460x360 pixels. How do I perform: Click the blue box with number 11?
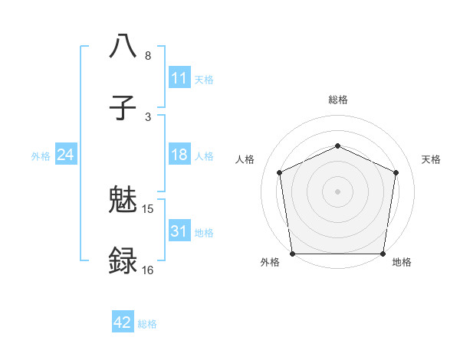[x=179, y=78]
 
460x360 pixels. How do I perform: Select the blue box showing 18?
[x=179, y=155]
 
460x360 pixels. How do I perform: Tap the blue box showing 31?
[x=179, y=231]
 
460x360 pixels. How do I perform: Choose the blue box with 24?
[x=66, y=155]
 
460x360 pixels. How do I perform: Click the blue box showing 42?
[x=123, y=322]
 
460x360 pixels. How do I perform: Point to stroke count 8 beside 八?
[x=148, y=56]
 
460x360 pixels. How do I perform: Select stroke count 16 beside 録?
[x=148, y=270]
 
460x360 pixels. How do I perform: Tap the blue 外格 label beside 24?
[x=41, y=155]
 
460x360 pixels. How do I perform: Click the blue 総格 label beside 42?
[x=147, y=324]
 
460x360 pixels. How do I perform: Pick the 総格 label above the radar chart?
[x=337, y=100]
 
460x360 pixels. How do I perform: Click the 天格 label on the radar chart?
[x=431, y=159]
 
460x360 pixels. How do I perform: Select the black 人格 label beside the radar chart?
[x=245, y=159]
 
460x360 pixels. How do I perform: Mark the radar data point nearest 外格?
[x=292, y=254]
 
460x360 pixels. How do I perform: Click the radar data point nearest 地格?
[x=383, y=254]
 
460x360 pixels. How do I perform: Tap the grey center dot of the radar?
[x=337, y=191]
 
